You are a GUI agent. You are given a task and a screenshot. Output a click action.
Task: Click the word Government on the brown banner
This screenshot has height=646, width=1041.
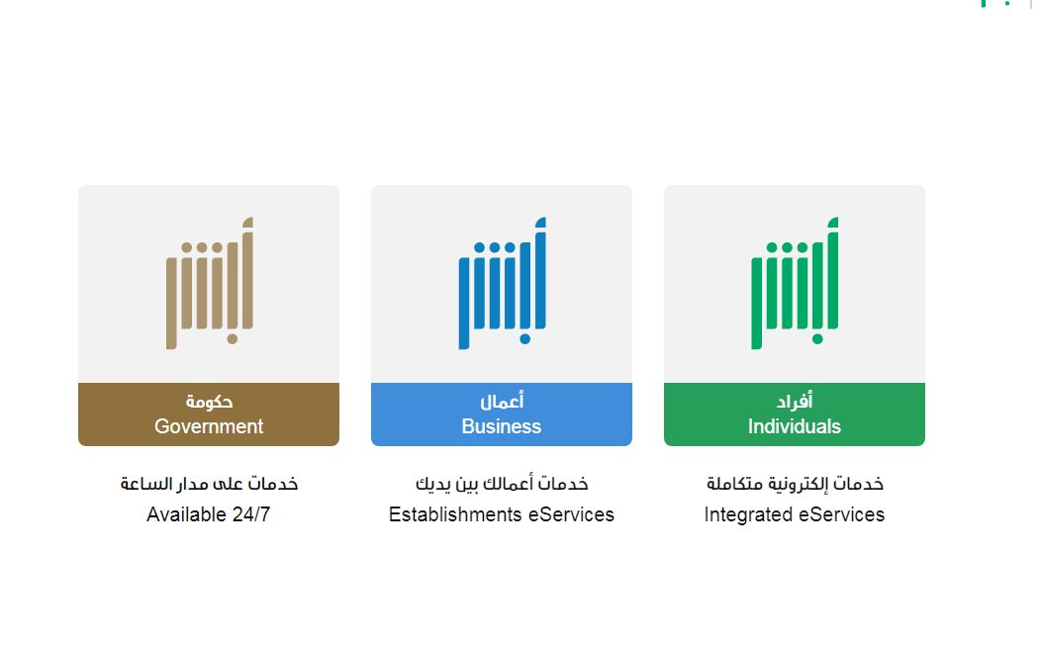(209, 426)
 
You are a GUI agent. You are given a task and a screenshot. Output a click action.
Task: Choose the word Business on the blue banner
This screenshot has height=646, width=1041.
(502, 426)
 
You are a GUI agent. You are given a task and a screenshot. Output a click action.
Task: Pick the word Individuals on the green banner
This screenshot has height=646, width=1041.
(794, 426)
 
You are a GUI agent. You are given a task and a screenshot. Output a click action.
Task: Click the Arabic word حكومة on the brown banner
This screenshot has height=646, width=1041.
(209, 401)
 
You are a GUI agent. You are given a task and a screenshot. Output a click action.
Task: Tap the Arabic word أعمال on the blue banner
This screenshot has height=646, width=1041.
(502, 401)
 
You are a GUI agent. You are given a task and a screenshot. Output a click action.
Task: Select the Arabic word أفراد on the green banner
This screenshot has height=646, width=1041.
(795, 401)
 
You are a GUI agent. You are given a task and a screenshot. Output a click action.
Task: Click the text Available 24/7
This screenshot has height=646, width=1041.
(209, 514)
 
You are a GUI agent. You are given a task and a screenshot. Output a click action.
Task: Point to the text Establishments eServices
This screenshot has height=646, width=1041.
(502, 514)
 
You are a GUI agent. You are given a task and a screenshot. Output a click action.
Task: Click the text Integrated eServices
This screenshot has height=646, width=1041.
(794, 514)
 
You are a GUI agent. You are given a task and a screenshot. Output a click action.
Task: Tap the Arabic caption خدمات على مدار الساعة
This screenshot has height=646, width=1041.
(209, 484)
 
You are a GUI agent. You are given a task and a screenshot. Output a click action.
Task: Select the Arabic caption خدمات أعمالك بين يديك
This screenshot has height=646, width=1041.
(502, 484)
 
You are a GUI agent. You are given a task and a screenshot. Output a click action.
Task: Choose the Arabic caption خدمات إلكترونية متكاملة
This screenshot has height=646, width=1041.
(795, 484)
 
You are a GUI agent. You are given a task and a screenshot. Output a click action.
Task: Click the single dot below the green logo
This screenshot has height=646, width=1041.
(817, 338)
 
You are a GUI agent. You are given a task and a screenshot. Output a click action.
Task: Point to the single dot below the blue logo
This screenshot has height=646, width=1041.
(525, 338)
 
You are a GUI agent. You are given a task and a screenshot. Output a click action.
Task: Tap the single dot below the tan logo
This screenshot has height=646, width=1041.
(233, 338)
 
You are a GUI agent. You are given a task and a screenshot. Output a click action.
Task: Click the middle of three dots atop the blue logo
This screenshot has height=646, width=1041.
(495, 247)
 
